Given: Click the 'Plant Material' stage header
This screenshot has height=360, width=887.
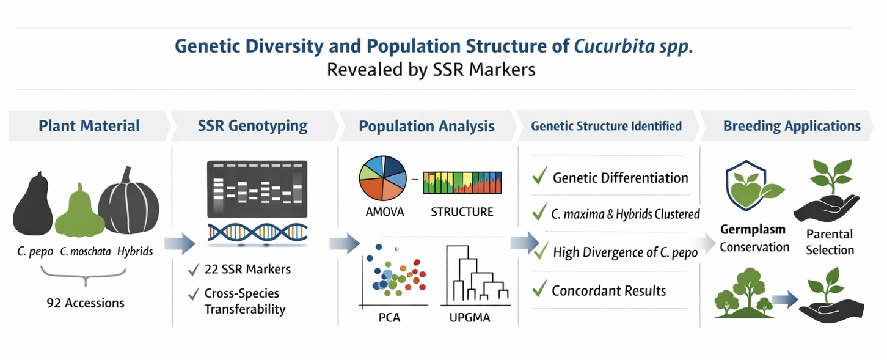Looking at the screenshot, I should click(x=89, y=126).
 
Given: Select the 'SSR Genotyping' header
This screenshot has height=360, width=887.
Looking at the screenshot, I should click(x=252, y=126).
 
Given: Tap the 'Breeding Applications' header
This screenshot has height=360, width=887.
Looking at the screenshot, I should click(x=792, y=126).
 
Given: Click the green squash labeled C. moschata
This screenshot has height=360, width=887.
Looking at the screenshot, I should click(x=79, y=211).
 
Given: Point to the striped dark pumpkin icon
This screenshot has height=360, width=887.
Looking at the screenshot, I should click(x=129, y=202).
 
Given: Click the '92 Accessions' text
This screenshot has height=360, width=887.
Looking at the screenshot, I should click(x=86, y=303).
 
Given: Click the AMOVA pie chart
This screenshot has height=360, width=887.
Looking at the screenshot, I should click(x=382, y=178).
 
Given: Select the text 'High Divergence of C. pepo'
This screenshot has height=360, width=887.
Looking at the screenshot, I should click(x=625, y=252).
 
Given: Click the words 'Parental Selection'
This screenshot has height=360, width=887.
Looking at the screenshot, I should click(x=830, y=242).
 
